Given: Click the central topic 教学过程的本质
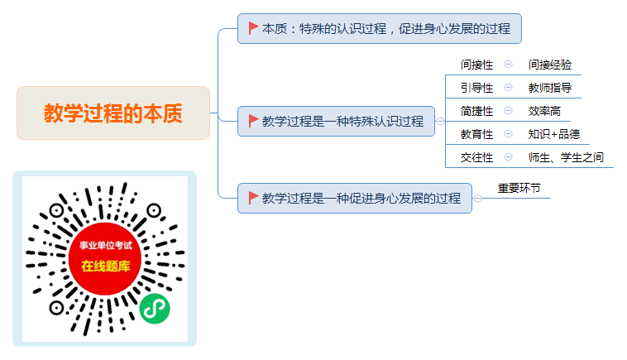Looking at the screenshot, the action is click(x=113, y=113).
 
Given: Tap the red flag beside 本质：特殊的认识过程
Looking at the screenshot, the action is click(x=253, y=28).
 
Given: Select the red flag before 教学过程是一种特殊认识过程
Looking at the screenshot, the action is click(x=253, y=121).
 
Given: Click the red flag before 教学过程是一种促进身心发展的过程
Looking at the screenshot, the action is click(x=253, y=198).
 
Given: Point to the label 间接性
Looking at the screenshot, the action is click(x=476, y=65).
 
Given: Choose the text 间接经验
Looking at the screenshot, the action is click(x=550, y=65).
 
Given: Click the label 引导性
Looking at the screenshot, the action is click(x=476, y=88).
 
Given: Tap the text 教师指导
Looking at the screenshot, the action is click(x=550, y=88).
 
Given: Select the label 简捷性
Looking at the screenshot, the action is click(x=476, y=111).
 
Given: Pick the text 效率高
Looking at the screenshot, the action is click(x=544, y=111).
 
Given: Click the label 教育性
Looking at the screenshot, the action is click(x=476, y=134).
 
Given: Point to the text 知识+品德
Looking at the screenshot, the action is click(x=554, y=134).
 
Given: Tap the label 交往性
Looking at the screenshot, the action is click(x=476, y=157).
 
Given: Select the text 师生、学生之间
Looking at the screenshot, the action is click(x=566, y=157).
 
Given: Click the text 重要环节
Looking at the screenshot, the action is click(x=519, y=188).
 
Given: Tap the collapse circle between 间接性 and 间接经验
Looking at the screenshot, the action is click(x=508, y=65).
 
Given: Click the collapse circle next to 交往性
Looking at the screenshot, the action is click(x=508, y=157).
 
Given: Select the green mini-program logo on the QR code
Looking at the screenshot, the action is click(x=155, y=309).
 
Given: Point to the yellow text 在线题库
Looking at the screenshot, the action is click(x=106, y=266).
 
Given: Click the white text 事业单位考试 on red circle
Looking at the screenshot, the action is click(x=106, y=245).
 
